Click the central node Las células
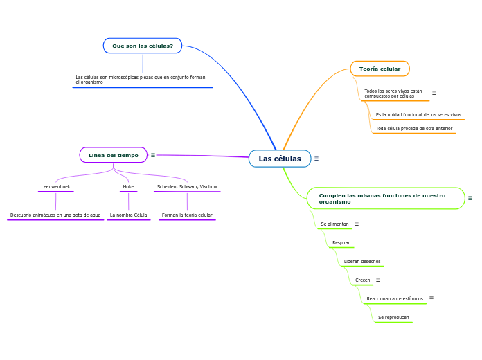tap(280, 159)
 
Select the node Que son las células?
tap(143, 46)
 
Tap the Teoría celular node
tap(380, 69)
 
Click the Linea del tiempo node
tap(113, 155)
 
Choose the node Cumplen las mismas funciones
tap(385, 198)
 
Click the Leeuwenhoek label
tap(55, 187)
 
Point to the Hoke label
tap(128, 187)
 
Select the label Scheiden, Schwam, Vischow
tap(187, 187)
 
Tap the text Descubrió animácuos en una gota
tap(55, 215)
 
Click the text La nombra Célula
tap(128, 215)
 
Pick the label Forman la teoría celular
tap(187, 215)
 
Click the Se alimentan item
tap(334, 224)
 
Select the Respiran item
tap(341, 243)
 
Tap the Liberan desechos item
tap(361, 262)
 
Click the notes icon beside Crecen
tap(378, 280)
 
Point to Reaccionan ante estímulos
tap(395, 299)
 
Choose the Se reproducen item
tap(393, 318)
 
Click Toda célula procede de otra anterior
tap(413, 129)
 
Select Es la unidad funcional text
tap(418, 115)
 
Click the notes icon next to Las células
tap(316, 159)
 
